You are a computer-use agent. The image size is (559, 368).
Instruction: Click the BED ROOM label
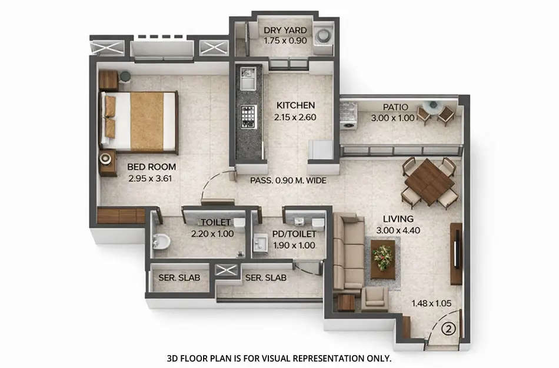(151, 167)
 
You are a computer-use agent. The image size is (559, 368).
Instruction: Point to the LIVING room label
(397, 219)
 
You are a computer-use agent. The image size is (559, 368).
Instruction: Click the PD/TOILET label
(294, 234)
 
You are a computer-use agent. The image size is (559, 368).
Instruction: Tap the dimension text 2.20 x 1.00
(212, 234)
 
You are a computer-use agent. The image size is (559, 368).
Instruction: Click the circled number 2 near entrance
(448, 328)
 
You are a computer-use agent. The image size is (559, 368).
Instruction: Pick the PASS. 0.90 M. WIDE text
(288, 181)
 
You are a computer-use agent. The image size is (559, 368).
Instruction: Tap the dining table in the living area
(430, 183)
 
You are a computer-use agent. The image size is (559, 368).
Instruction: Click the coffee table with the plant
(384, 258)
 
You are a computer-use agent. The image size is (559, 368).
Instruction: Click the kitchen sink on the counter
(247, 78)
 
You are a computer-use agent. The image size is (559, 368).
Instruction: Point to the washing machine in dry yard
(322, 36)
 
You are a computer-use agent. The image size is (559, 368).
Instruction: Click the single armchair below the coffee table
(374, 299)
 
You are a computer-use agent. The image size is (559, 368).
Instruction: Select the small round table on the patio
(433, 107)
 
